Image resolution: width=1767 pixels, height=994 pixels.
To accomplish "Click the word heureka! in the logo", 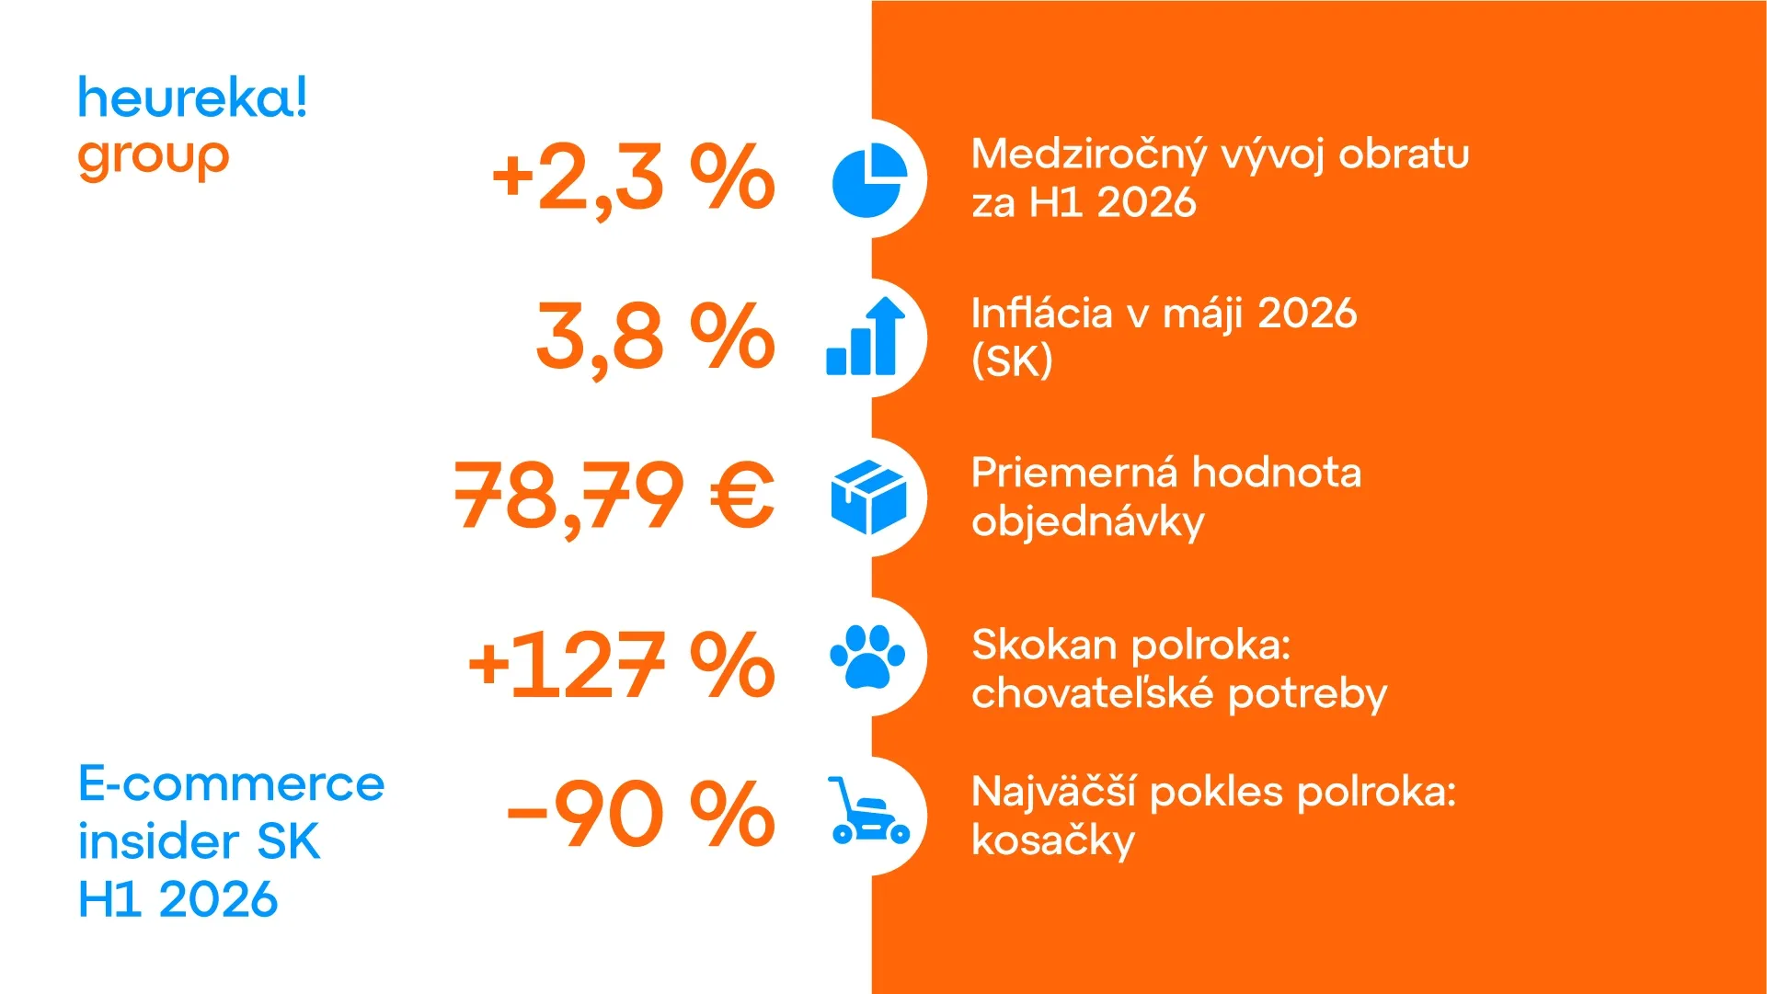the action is pyautogui.click(x=192, y=98).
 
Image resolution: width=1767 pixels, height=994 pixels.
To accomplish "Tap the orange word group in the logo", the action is pyautogui.click(x=154, y=159).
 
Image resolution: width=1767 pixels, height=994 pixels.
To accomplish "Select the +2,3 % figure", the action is pyautogui.click(x=634, y=178).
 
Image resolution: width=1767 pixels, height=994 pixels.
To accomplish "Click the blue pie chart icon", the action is pyautogui.click(x=869, y=180).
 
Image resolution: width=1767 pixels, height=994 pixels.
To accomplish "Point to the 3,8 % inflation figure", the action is pyautogui.click(x=656, y=337).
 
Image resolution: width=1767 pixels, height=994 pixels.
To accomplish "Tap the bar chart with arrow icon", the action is pyautogui.click(x=866, y=337).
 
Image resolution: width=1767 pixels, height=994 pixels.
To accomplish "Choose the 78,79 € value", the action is pyautogui.click(x=614, y=497).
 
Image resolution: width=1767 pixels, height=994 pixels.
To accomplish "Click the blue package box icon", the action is pyautogui.click(x=868, y=497).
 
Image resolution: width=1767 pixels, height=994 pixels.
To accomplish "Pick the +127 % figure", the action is pyautogui.click(x=622, y=663).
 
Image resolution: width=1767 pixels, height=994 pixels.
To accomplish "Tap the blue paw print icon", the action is pyautogui.click(x=867, y=657).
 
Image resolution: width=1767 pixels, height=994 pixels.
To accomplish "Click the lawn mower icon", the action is pyautogui.click(x=868, y=811).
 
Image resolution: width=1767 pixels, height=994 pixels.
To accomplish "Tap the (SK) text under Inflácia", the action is pyautogui.click(x=1012, y=361).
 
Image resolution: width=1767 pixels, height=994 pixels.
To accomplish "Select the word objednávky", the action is pyautogui.click(x=1088, y=522).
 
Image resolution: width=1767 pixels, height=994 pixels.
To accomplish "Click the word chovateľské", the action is pyautogui.click(x=1093, y=693).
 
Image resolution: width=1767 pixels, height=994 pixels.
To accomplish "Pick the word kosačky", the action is pyautogui.click(x=1054, y=840).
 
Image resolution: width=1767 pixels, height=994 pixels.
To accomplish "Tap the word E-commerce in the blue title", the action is pyautogui.click(x=231, y=784).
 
